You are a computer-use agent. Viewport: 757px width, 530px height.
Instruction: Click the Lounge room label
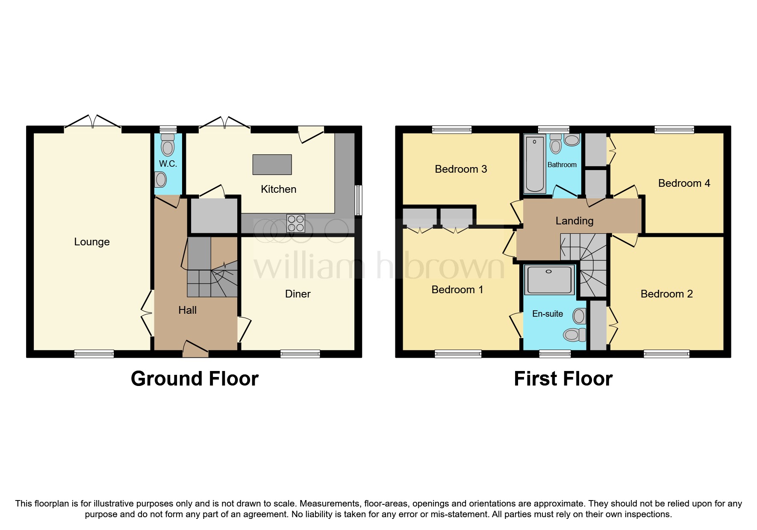(x=92, y=242)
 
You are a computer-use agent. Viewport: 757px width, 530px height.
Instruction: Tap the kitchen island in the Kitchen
(x=272, y=165)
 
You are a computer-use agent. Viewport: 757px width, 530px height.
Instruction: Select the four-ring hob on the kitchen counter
(x=296, y=223)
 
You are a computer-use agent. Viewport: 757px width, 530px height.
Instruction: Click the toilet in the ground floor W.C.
(x=168, y=146)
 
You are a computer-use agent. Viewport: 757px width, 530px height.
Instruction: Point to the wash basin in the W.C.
(x=161, y=180)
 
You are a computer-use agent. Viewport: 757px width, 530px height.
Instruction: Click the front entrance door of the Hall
(x=195, y=349)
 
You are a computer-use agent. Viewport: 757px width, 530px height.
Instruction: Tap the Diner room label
(x=297, y=294)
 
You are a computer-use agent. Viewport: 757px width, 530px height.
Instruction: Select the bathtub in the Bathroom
(x=534, y=165)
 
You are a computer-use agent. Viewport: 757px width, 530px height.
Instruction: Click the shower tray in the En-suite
(x=549, y=280)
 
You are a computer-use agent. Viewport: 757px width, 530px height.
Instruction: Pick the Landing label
(x=574, y=221)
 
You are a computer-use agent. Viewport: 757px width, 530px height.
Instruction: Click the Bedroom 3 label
(x=461, y=169)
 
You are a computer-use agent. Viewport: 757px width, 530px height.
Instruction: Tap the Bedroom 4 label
(x=684, y=183)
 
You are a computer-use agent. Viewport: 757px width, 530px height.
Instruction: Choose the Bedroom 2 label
(x=666, y=294)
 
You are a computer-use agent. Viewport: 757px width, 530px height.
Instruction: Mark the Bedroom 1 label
(x=457, y=290)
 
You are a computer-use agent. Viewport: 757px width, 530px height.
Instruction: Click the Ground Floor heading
(x=194, y=379)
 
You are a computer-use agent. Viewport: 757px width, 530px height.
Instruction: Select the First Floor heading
(x=563, y=379)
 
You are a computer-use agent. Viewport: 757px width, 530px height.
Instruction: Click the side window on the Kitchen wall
(x=359, y=200)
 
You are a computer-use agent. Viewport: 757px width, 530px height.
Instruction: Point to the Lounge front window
(x=94, y=353)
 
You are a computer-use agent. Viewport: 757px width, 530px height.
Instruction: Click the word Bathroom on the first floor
(x=562, y=165)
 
